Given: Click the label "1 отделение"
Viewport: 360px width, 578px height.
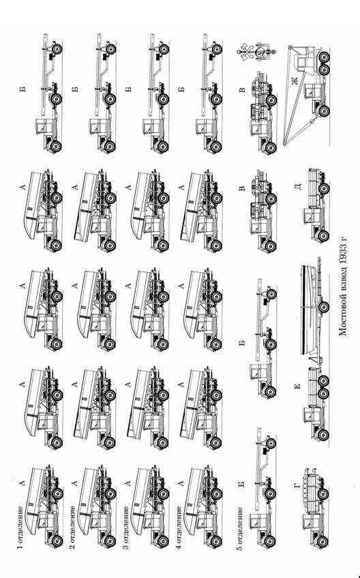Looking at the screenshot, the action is coord(20,528).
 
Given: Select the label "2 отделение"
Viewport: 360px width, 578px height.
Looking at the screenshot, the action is coord(74,528).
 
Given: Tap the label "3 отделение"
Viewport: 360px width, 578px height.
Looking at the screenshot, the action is coord(126,528).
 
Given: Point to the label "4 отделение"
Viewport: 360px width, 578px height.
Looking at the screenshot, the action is coord(179,528).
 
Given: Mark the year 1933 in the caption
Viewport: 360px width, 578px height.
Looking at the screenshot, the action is coord(343,264).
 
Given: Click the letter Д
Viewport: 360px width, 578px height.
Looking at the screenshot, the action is coord(299,186).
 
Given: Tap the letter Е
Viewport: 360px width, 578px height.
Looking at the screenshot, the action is coord(298,386).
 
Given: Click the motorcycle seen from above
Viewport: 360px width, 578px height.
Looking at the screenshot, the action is coord(256,52).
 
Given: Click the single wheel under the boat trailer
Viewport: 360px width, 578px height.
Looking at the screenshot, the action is coord(323,306).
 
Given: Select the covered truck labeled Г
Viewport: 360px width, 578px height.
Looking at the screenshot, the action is coord(314,508).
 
